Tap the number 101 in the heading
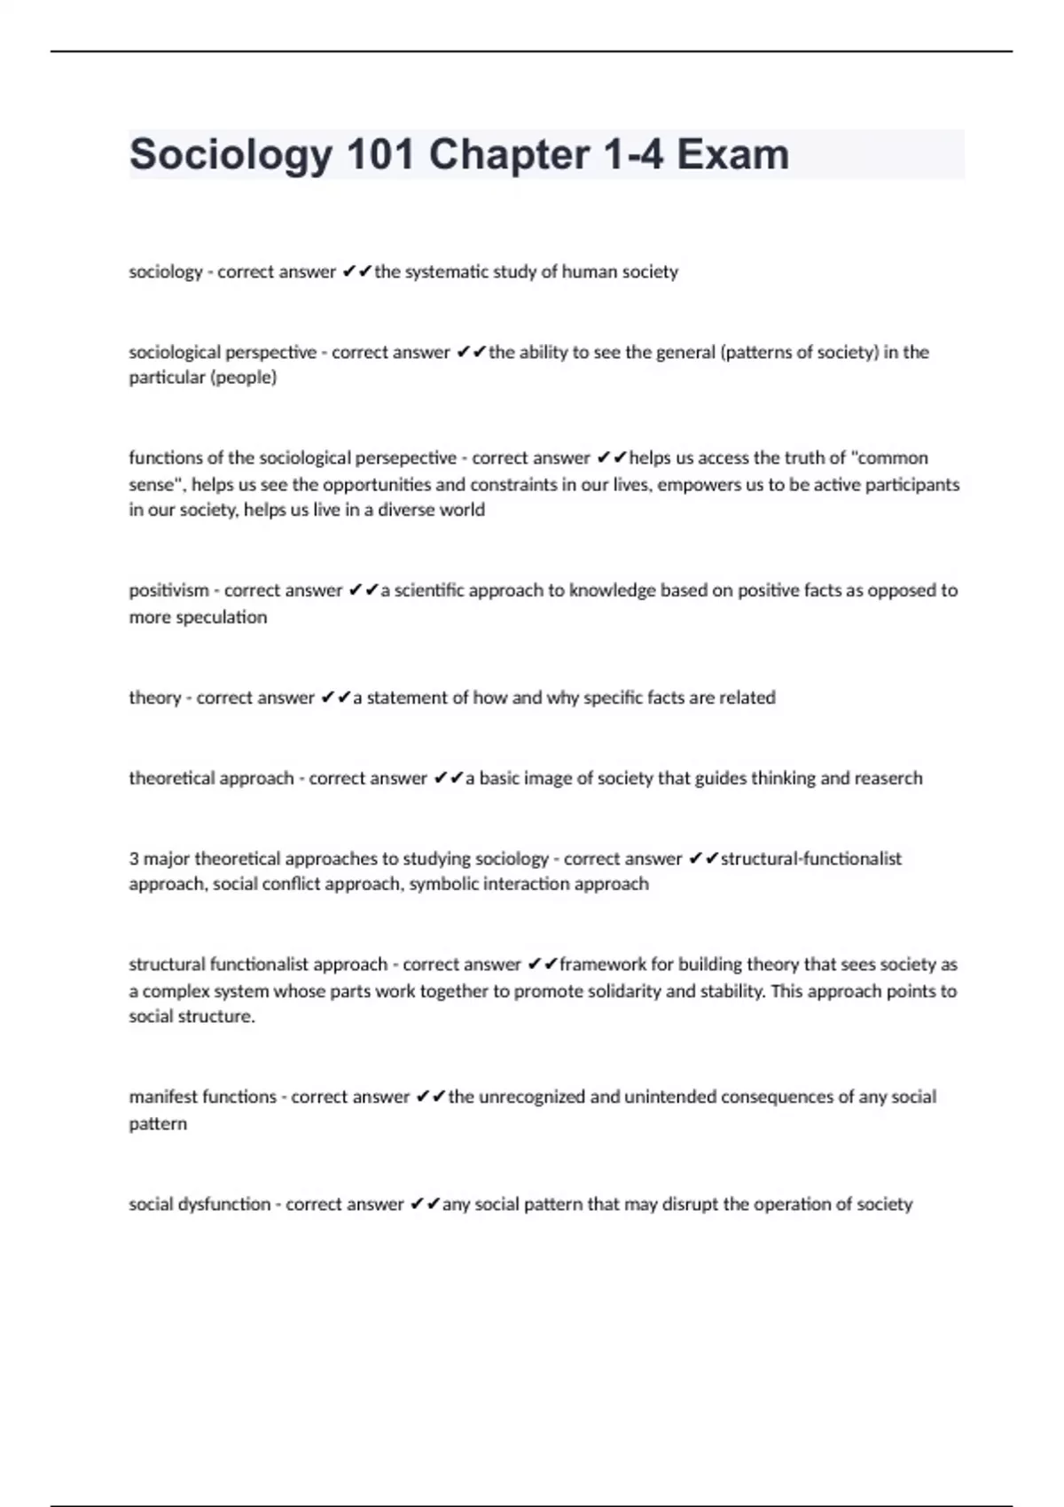(x=381, y=155)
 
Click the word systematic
(x=446, y=272)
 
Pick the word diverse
(x=403, y=511)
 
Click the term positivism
(x=168, y=590)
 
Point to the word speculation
(x=222, y=617)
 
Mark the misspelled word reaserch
(x=889, y=778)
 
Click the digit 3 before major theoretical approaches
(x=134, y=859)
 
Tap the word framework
(x=603, y=964)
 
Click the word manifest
(x=163, y=1097)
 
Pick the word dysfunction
(x=223, y=1205)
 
